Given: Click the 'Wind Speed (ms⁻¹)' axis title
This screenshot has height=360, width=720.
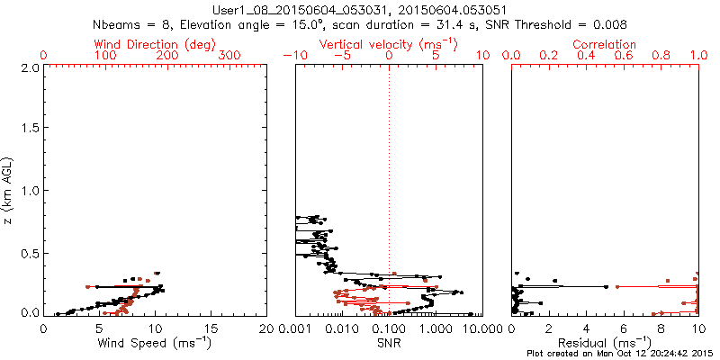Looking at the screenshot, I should (x=155, y=343).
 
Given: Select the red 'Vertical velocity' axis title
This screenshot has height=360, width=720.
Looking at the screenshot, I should (x=389, y=44).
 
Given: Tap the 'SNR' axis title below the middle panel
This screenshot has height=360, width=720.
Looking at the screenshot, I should (x=389, y=343).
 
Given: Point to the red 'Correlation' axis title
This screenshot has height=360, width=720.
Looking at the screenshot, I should (x=606, y=44).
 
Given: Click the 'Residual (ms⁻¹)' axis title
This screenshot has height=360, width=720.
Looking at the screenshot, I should (x=606, y=343).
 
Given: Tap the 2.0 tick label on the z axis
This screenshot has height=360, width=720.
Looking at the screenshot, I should (x=29, y=67).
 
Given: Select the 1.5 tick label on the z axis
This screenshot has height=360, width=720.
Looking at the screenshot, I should (x=29, y=129).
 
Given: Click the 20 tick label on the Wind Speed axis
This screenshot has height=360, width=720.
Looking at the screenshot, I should (x=266, y=328).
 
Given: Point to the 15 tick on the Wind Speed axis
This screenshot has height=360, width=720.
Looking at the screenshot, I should (x=211, y=328).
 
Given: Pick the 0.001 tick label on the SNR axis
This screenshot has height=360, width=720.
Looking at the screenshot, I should (x=296, y=328).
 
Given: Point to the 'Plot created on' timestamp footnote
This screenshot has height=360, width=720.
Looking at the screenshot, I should (x=622, y=354).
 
